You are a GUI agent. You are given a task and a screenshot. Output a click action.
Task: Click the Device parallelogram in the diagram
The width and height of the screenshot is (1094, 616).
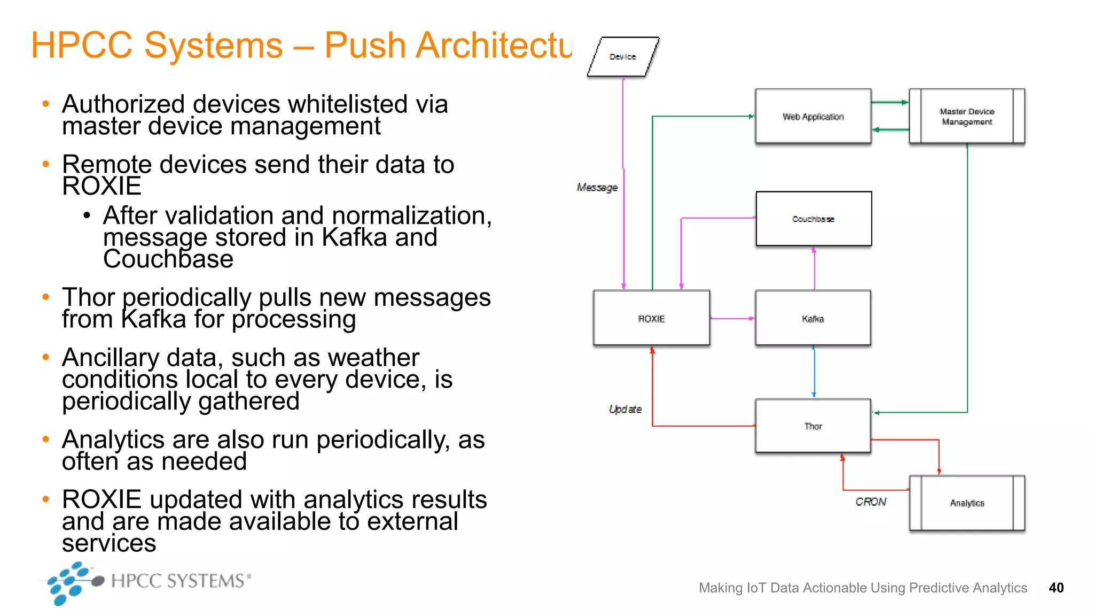623,57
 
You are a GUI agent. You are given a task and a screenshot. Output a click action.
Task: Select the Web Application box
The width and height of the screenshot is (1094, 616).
813,117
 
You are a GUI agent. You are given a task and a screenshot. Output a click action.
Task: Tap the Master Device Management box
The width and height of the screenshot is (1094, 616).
967,117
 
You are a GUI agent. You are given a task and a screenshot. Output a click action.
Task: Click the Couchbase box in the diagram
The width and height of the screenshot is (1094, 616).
814,219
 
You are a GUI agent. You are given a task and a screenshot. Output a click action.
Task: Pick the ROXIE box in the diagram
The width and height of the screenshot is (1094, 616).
651,318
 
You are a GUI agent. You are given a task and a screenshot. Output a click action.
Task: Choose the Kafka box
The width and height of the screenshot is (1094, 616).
813,318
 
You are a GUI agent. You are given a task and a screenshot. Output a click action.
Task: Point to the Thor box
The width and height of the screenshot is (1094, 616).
813,426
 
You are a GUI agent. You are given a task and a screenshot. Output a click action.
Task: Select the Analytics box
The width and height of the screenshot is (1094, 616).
967,503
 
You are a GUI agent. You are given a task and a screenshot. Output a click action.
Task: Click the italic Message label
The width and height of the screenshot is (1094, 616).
597,188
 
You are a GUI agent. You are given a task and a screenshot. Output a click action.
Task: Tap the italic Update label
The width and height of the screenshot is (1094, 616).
625,410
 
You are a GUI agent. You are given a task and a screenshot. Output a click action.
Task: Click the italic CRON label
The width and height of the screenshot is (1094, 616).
871,502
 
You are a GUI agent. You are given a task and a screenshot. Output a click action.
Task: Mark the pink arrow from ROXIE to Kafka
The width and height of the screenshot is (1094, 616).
732,319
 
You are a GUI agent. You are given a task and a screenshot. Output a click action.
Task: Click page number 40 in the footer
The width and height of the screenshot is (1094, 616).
1056,588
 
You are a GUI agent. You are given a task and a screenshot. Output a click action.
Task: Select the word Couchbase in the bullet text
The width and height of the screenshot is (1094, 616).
168,259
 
